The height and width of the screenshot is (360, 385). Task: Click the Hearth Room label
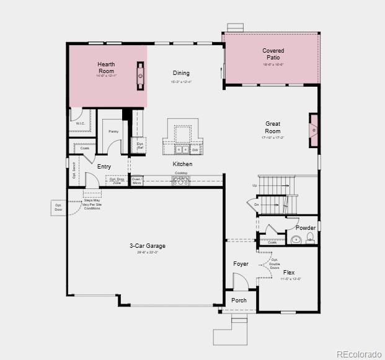pyautogui.click(x=106, y=68)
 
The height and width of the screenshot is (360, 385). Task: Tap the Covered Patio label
pyautogui.click(x=273, y=54)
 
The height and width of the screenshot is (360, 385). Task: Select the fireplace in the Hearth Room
pyautogui.click(x=141, y=76)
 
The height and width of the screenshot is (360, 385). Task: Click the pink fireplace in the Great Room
pyautogui.click(x=314, y=131)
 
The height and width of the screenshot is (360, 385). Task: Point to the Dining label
pyautogui.click(x=181, y=73)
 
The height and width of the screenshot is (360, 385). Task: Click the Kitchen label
pyautogui.click(x=182, y=164)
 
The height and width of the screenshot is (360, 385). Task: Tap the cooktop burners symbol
pyautogui.click(x=180, y=180)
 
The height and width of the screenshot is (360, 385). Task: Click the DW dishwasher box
pyautogui.click(x=195, y=150)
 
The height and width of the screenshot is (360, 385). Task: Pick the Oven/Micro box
pyautogui.click(x=136, y=181)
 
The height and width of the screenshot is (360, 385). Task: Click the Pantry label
pyautogui.click(x=113, y=131)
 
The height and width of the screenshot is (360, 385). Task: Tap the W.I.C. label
pyautogui.click(x=81, y=123)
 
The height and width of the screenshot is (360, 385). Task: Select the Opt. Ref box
pyautogui.click(x=140, y=146)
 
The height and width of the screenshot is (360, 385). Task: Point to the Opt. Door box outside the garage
pyautogui.click(x=58, y=208)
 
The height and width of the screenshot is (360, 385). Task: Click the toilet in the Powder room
pyautogui.click(x=293, y=239)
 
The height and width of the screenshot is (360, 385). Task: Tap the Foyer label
pyautogui.click(x=241, y=264)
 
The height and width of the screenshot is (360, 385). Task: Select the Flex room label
pyautogui.click(x=289, y=273)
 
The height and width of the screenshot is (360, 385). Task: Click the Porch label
pyautogui.click(x=239, y=301)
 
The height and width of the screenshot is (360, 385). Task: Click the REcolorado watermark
pyautogui.click(x=359, y=354)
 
